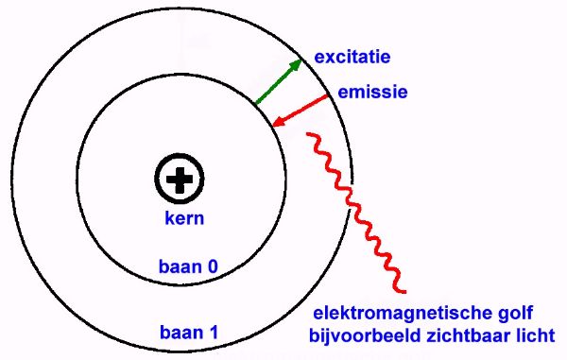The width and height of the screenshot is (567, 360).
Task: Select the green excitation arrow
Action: (x=278, y=82)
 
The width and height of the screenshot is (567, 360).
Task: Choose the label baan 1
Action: (x=190, y=332)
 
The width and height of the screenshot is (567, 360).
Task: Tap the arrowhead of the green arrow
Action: (x=297, y=63)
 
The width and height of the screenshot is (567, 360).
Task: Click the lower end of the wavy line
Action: (x=405, y=290)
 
